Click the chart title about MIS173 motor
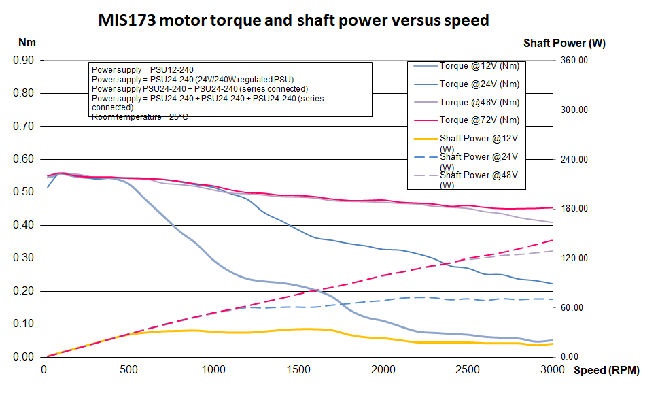tap(294, 20)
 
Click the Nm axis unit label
tap(27, 42)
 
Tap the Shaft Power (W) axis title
tap(564, 43)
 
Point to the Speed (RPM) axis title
tap(606, 371)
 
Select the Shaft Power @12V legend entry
tap(479, 143)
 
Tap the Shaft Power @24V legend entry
tap(479, 161)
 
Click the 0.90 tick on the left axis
tap(24, 61)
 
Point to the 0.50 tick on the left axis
tap(24, 192)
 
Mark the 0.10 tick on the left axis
tap(24, 324)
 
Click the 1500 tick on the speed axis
tap(298, 370)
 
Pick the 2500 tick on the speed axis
tap(468, 370)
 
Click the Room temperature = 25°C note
tap(140, 117)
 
